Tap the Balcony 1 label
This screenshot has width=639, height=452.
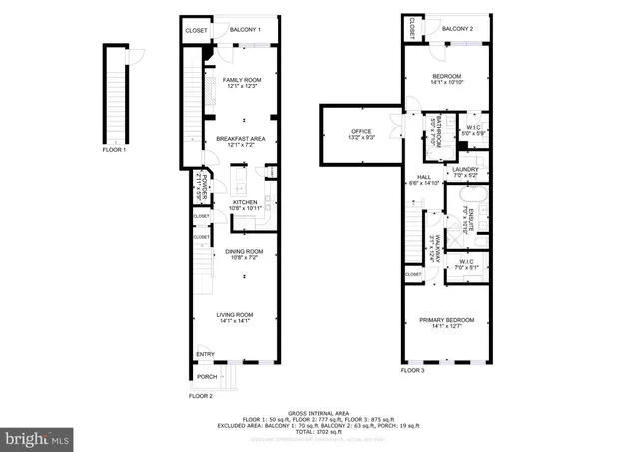point(245,30)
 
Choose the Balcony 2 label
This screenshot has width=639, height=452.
point(457,29)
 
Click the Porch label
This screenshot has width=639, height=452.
point(207,377)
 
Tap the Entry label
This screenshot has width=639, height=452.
point(206,354)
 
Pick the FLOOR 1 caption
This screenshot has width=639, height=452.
point(115,149)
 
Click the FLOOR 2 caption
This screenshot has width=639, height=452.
point(201,396)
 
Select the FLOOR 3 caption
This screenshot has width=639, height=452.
point(412,370)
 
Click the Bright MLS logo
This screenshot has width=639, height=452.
point(39,438)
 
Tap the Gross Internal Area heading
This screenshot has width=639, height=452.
point(319,412)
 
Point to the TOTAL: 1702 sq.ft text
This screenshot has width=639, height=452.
point(319,431)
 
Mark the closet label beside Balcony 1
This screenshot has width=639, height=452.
point(196,31)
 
